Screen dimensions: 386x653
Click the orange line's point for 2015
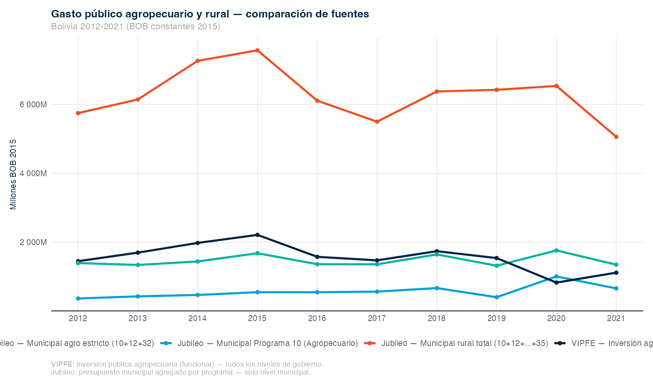[x=257, y=50]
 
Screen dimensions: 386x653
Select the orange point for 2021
[x=616, y=137]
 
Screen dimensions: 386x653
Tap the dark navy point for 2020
[x=556, y=282]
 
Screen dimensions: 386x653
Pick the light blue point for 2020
[x=556, y=276]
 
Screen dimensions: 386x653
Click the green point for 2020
[x=556, y=250]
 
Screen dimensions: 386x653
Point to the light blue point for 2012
[x=78, y=298]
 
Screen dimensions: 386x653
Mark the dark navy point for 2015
[x=257, y=235]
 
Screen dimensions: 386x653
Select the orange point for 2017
[x=377, y=122]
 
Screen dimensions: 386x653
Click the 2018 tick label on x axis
[x=437, y=318]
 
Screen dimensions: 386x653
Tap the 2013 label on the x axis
[x=138, y=318]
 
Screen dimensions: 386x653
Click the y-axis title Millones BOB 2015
[x=13, y=174]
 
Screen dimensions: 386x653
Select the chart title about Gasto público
[x=210, y=14]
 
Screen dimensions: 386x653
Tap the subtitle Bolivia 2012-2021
[x=135, y=27]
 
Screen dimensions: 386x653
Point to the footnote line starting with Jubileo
[x=180, y=372]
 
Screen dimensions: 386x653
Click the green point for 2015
[x=257, y=253]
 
